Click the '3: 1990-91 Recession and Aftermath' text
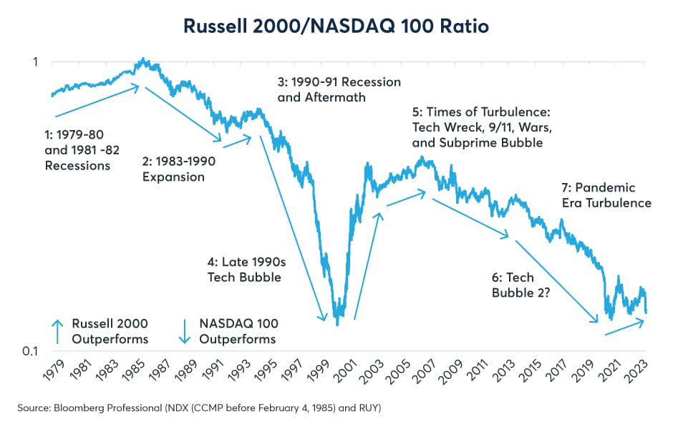coord(339,89)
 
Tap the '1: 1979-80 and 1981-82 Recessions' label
coord(78,149)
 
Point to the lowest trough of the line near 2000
coord(336,324)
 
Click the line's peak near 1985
coord(144,59)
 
